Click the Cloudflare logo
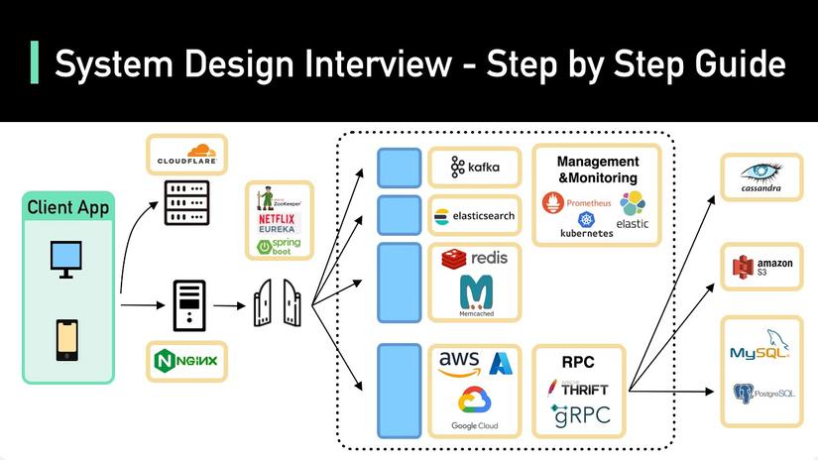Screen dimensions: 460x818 coord(186,155)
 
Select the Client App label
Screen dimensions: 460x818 coord(68,207)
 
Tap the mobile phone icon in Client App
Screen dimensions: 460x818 coord(66,340)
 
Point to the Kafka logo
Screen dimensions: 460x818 coord(475,168)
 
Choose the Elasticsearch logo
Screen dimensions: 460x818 coord(475,215)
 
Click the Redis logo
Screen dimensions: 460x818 coord(475,258)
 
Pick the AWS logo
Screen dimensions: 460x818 coord(459,363)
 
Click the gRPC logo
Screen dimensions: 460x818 coord(577,415)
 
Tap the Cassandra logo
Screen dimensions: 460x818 coord(760,178)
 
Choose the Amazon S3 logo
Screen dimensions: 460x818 coord(760,267)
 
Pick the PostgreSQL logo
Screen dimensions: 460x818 coord(762,394)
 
